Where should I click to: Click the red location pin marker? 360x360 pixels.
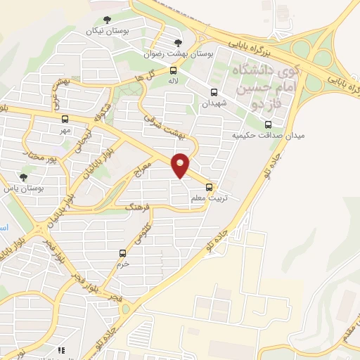[x=181, y=165]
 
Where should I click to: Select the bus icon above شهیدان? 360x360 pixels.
[x=214, y=91]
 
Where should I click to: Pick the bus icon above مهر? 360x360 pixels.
[x=65, y=119]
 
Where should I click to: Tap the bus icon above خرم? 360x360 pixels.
[x=123, y=253]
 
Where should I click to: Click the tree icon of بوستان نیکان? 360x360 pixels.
[x=106, y=20]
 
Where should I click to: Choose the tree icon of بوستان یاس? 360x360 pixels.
[x=23, y=177]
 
